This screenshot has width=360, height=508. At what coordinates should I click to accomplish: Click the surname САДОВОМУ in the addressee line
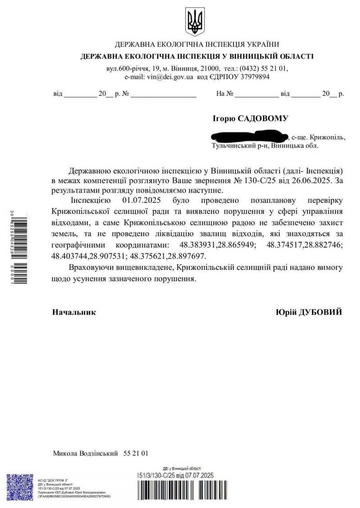[x=265, y=118]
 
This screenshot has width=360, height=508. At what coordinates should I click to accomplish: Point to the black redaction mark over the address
[x=249, y=135]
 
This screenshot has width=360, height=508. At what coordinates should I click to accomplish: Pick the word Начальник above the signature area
[x=74, y=312]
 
